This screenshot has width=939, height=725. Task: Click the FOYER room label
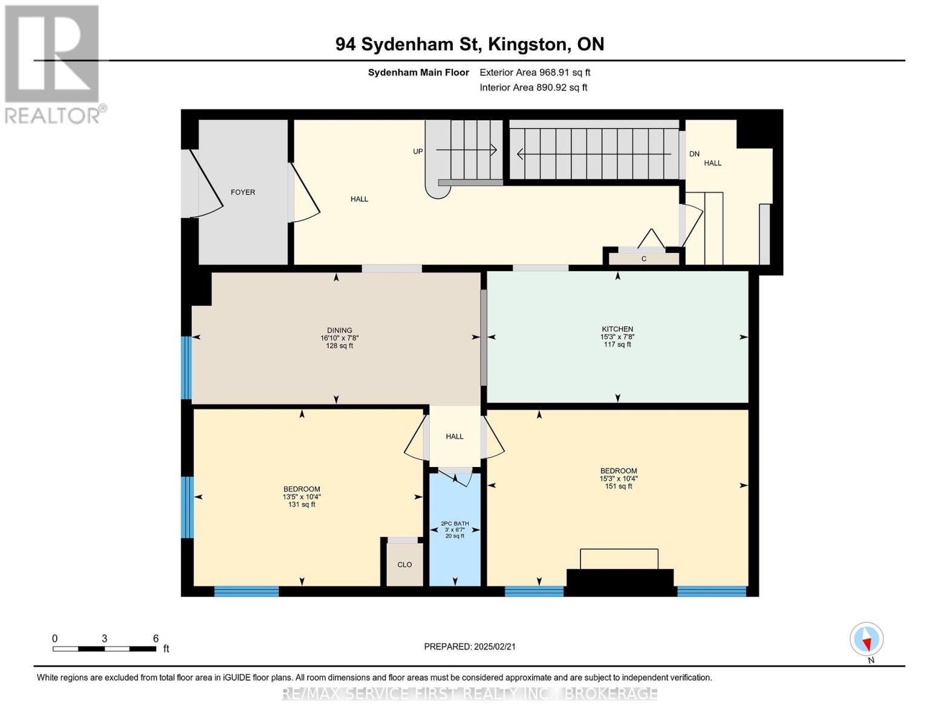pyautogui.click(x=242, y=192)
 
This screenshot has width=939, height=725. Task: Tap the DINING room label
pyautogui.click(x=339, y=330)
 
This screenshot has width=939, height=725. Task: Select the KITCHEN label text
pyautogui.click(x=617, y=329)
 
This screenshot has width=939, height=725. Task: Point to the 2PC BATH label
pyautogui.click(x=455, y=524)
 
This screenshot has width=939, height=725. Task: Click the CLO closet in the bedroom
pyautogui.click(x=405, y=565)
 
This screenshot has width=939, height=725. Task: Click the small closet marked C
pyautogui.click(x=643, y=259)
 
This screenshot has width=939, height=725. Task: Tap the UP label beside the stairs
pyautogui.click(x=418, y=152)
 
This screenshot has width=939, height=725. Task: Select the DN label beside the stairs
pyautogui.click(x=694, y=154)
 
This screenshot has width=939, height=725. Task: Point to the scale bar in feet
pyautogui.click(x=105, y=649)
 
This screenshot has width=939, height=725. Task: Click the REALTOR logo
pyautogui.click(x=53, y=63)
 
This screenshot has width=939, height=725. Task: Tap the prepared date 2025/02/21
pyautogui.click(x=470, y=646)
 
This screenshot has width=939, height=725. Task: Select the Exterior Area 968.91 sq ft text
pyautogui.click(x=534, y=72)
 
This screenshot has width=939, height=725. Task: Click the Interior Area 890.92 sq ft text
pyautogui.click(x=533, y=88)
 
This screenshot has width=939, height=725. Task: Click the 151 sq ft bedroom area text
pyautogui.click(x=618, y=486)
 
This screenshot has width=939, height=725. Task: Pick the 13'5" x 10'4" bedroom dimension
pyautogui.click(x=302, y=497)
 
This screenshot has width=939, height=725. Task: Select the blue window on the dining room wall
pyautogui.click(x=186, y=367)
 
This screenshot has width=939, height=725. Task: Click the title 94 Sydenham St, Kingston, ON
pyautogui.click(x=470, y=44)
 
